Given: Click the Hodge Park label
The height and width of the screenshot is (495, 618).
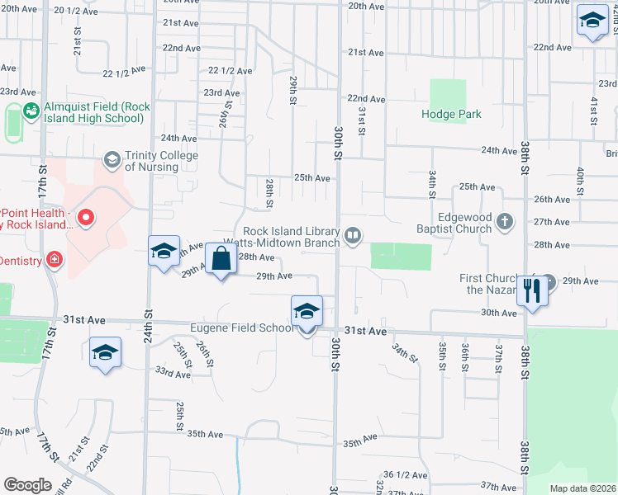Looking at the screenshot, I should coord(451,115).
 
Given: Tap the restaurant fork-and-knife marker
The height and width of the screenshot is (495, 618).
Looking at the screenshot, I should coord(532,290).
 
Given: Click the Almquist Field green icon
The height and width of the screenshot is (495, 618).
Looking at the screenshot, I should coord(31,111).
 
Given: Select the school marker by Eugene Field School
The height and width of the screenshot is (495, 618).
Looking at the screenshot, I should coord(307,312).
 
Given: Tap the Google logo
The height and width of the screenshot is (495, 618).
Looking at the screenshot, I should coord(27,485).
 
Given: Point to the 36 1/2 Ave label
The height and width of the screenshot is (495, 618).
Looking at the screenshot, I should coord(405,475).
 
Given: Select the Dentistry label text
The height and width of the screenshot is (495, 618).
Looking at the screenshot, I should coord(18,260).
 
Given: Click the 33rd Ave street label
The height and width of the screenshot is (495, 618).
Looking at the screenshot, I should coord(172,374).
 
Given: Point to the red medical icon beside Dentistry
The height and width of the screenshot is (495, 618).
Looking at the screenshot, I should coord(55,260).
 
